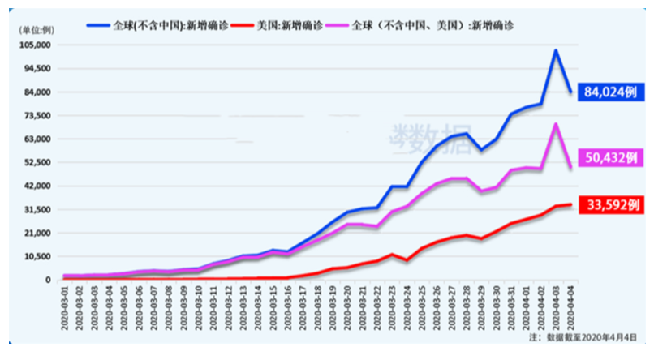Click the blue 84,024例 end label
(609, 92)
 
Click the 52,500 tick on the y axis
(37, 162)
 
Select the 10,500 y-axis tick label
(37, 256)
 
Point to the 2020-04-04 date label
(570, 306)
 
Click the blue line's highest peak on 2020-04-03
(555, 50)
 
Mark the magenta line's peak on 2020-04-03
(555, 124)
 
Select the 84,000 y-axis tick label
(37, 92)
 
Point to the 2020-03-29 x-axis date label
(482, 306)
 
